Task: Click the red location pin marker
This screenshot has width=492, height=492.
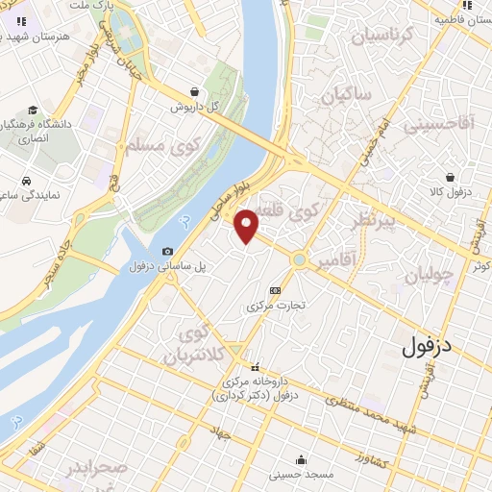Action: (247, 225)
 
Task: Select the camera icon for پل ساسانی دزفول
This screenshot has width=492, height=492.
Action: (168, 251)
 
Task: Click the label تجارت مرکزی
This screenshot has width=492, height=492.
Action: (277, 306)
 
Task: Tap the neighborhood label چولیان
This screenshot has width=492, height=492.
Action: (429, 276)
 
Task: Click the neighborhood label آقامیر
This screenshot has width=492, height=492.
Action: (362, 258)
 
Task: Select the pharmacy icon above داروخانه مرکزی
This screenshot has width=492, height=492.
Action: (255, 366)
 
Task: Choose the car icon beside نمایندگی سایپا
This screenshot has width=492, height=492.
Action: (27, 180)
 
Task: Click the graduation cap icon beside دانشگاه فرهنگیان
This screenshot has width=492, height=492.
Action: (34, 111)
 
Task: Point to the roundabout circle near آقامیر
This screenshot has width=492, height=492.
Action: (301, 259)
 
